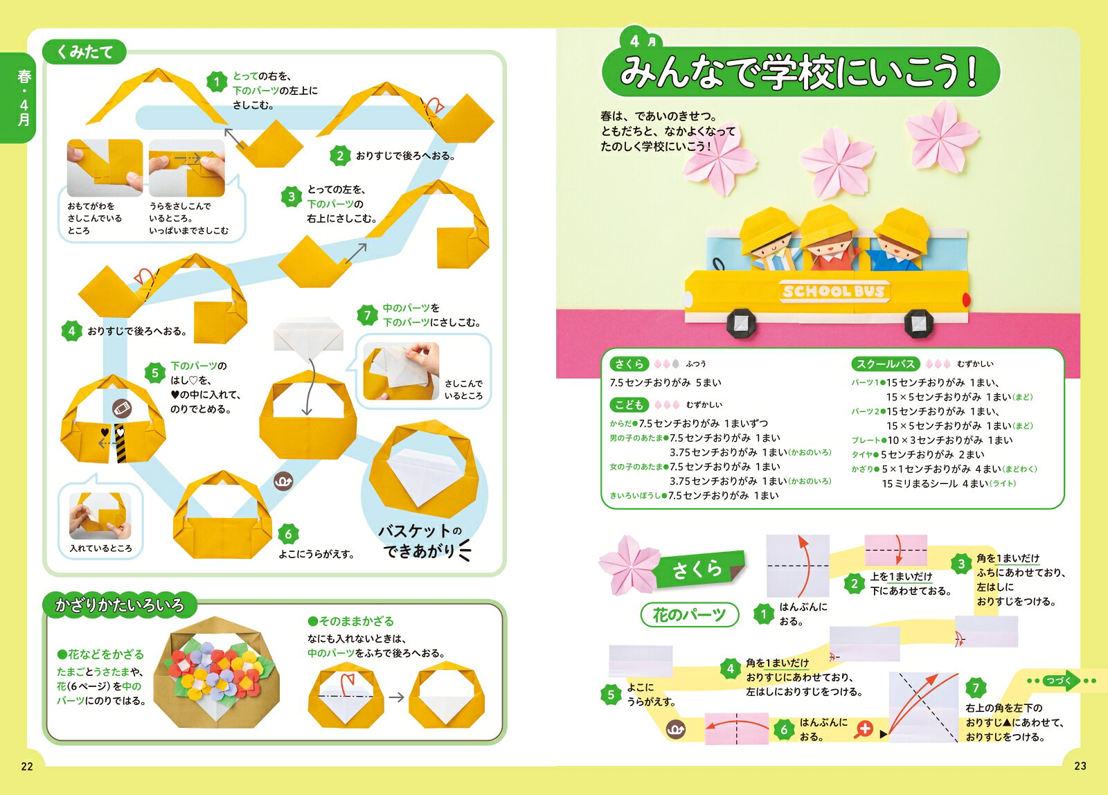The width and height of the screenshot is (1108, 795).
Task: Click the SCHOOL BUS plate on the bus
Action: point(834,291)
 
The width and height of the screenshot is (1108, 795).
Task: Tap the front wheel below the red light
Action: point(918,323)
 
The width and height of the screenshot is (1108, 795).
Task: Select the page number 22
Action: point(27,767)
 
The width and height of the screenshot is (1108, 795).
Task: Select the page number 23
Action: point(1080,766)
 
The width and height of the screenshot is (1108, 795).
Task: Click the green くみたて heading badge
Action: point(84,51)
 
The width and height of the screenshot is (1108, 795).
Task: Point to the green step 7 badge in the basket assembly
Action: point(367,315)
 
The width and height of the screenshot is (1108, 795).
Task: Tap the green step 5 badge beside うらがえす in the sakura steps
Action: point(611,695)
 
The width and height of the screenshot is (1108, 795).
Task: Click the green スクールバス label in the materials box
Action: point(885,364)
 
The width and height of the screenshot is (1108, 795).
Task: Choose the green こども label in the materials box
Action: point(629,404)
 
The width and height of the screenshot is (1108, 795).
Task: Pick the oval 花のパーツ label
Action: point(690,615)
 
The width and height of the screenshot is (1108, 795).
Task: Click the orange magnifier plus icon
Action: point(864,729)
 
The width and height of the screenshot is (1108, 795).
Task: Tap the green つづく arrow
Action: point(1060,681)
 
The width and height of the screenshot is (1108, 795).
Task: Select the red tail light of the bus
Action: point(966,299)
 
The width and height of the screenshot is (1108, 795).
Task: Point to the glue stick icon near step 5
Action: point(122,409)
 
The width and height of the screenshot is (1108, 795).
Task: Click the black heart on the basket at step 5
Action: point(105,432)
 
